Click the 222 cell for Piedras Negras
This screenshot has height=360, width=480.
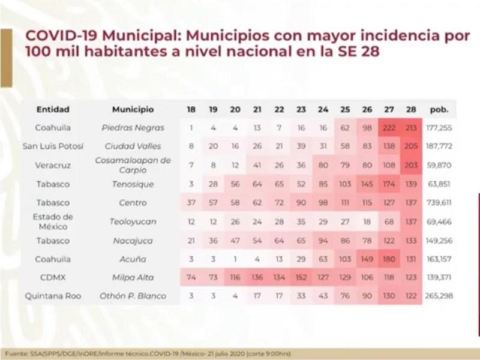pos(389,128)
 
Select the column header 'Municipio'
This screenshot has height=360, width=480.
pos(133,110)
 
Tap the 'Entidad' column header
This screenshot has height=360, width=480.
pos(53,110)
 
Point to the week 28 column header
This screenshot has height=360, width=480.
pos(410,110)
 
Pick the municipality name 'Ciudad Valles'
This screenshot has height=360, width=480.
pos(133,146)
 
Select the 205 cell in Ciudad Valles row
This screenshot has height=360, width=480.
pos(410,146)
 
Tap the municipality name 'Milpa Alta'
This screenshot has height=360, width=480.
pos(133,278)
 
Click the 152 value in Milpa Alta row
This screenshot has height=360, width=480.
pos(301,278)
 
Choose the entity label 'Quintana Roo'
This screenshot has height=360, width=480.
pos(53,296)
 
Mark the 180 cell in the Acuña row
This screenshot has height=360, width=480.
pos(389,259)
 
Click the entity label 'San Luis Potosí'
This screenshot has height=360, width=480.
pos(53,146)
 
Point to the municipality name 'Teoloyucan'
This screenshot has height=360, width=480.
pos(133,221)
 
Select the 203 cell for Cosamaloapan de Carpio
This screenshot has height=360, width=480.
pos(410,165)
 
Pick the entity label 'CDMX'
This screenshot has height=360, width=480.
pos(53,278)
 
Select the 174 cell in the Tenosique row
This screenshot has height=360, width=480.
pos(389,184)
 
